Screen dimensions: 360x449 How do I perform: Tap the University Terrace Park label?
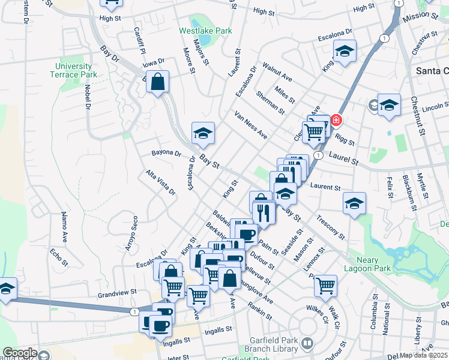tap(73, 70)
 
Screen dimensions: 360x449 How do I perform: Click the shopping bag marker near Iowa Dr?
tap(157, 82)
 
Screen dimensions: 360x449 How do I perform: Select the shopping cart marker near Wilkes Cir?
tap(325, 284)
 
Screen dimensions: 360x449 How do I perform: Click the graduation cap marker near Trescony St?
tap(354, 203)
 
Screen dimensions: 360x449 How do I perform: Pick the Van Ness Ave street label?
tap(251, 125)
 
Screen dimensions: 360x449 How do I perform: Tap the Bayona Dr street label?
tap(166, 153)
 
